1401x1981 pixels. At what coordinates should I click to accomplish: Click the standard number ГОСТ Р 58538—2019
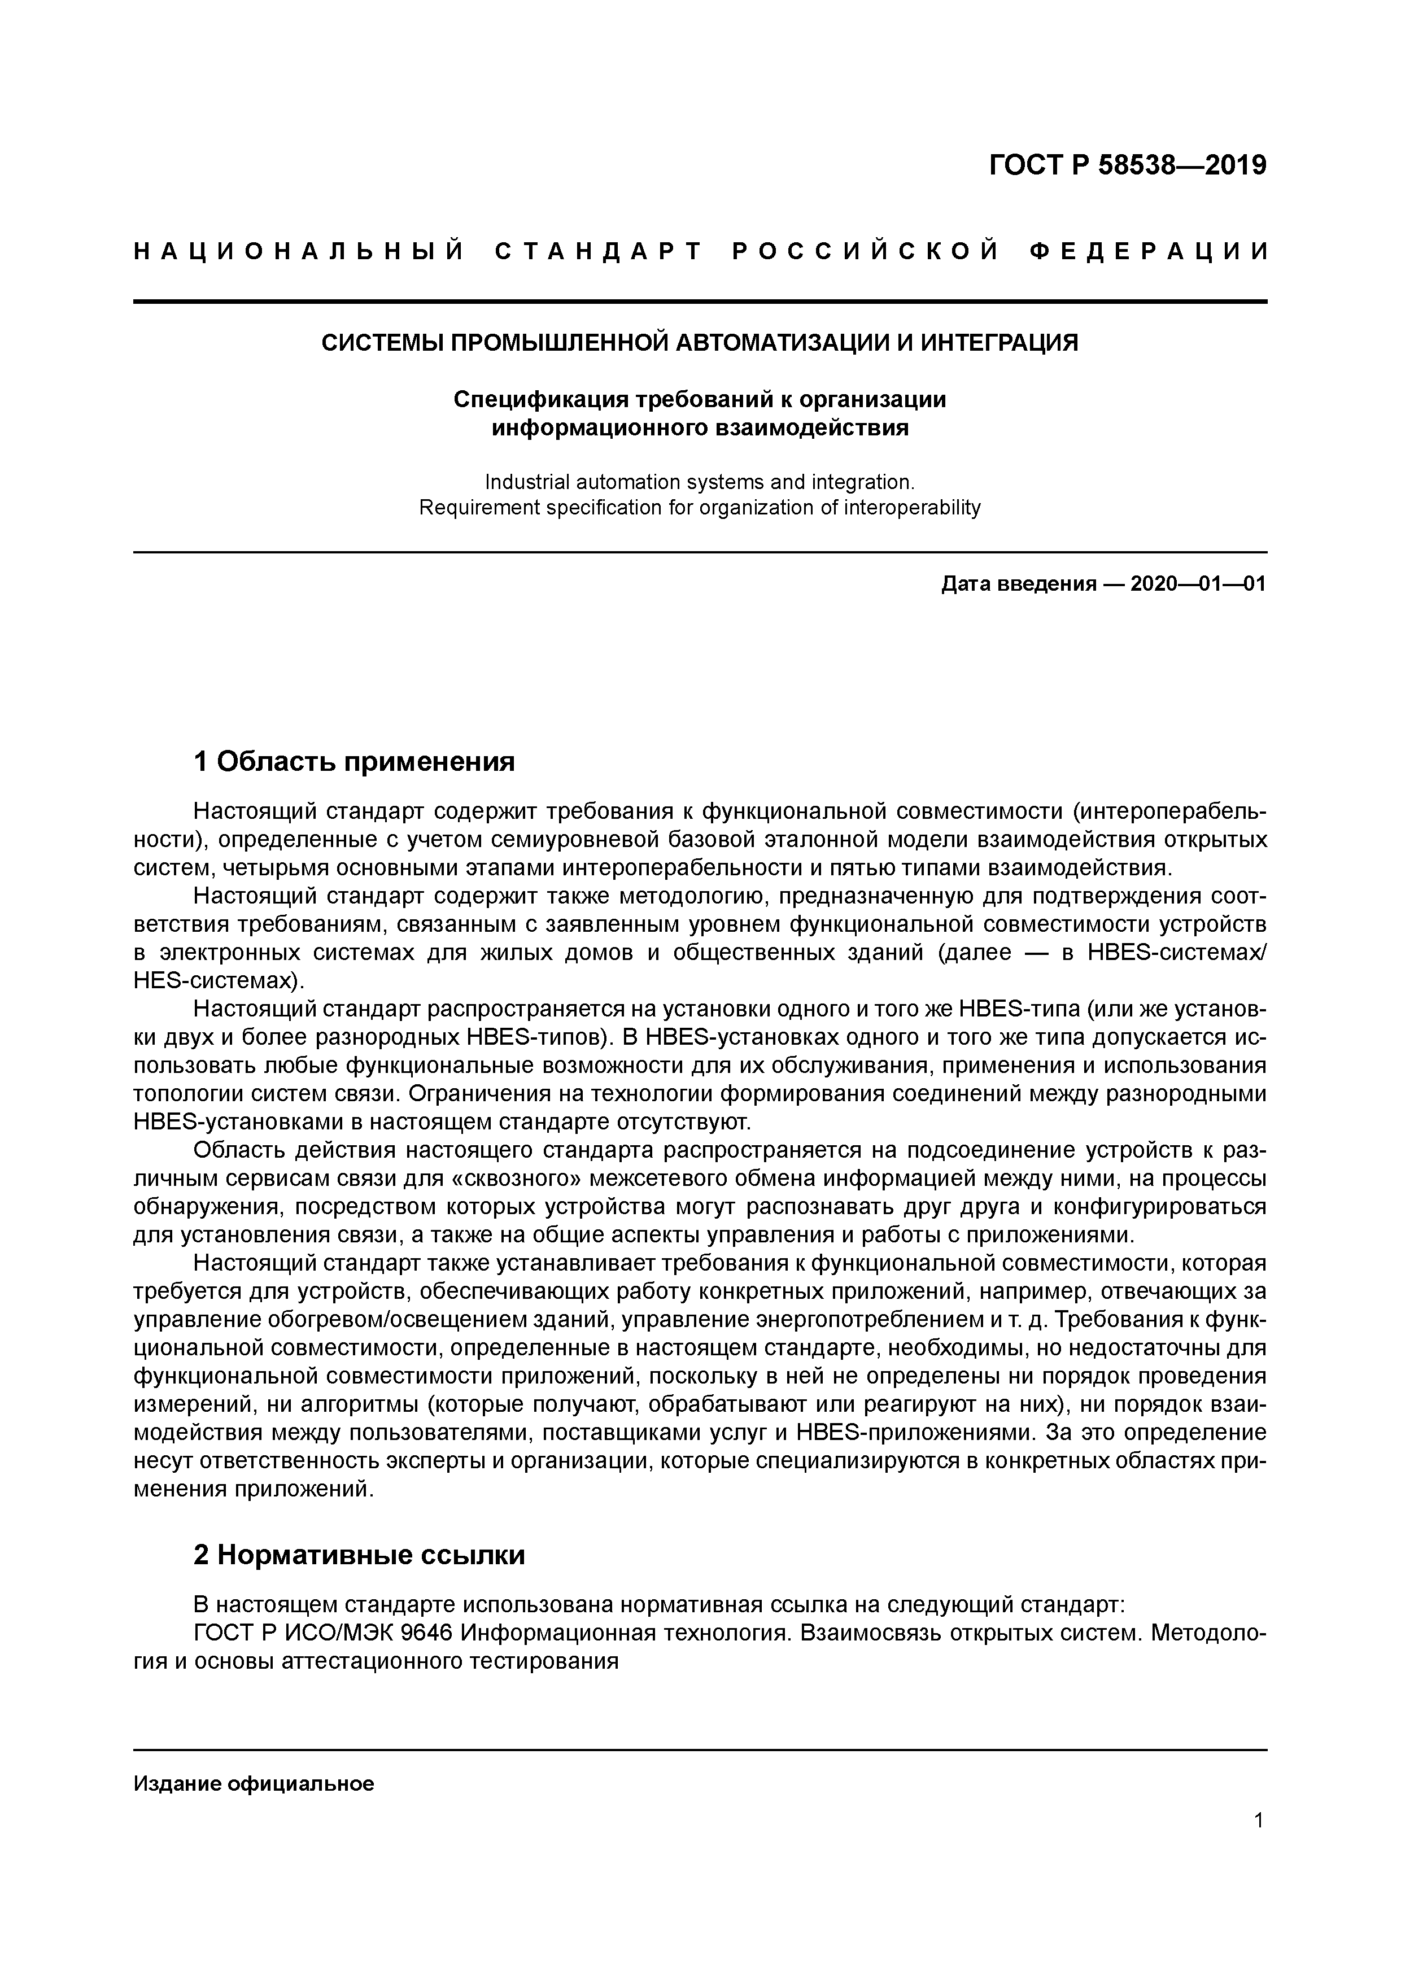click(x=1128, y=164)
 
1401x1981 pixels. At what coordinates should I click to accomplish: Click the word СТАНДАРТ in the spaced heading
click(x=599, y=252)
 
